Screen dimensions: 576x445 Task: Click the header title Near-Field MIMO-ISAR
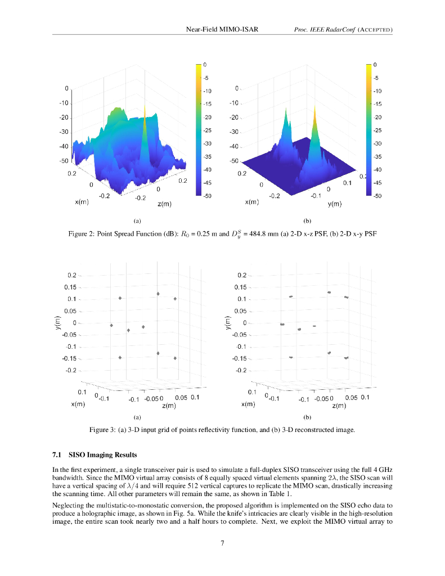pyautogui.click(x=222, y=29)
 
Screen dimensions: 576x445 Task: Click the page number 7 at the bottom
pyautogui.click(x=223, y=543)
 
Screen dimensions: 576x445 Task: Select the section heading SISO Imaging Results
pyautogui.click(x=102, y=454)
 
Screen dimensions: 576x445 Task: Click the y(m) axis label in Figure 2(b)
pyautogui.click(x=335, y=204)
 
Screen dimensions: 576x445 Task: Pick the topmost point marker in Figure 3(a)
pyautogui.click(x=158, y=294)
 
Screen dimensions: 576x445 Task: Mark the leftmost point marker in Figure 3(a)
pyautogui.click(x=111, y=325)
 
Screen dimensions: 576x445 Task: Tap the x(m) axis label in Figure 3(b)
pyautogui.click(x=250, y=404)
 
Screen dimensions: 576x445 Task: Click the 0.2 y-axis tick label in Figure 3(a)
pyautogui.click(x=71, y=276)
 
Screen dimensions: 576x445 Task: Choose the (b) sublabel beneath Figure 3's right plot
pyautogui.click(x=307, y=418)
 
